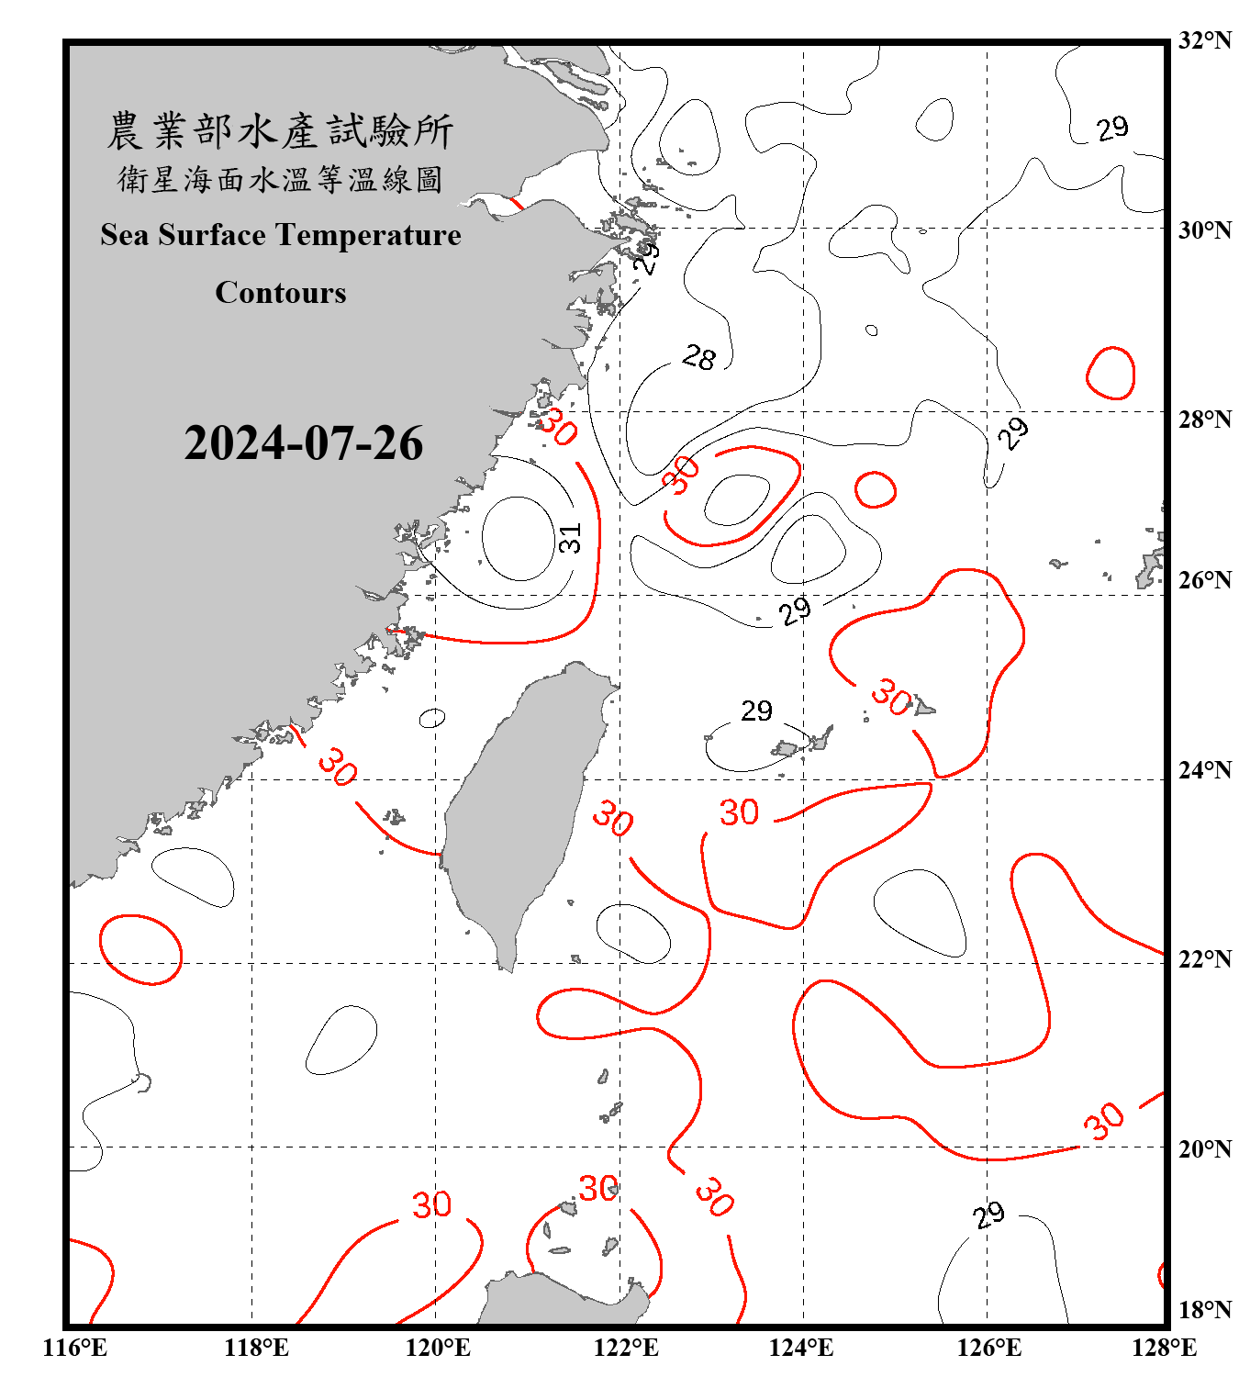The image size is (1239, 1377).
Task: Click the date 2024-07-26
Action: point(303,443)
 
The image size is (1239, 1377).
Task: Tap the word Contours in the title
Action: point(281,293)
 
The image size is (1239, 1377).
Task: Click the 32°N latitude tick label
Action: point(1205,40)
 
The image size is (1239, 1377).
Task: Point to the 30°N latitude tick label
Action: point(1205,230)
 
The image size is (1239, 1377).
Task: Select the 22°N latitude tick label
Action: point(1205,959)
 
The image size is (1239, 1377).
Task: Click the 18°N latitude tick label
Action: point(1205,1310)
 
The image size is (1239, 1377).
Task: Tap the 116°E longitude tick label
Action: point(74,1348)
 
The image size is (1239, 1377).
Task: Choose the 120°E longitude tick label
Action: point(438,1348)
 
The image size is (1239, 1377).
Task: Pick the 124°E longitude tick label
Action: point(801,1348)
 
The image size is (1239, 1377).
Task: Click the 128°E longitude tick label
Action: point(1164,1348)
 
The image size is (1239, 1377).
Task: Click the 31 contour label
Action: point(570,538)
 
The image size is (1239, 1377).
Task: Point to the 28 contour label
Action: point(699,357)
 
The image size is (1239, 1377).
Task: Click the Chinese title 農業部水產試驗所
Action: point(280,131)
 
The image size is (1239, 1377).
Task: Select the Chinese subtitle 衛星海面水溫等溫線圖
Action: point(280,180)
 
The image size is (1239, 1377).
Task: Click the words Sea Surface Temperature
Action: point(281,235)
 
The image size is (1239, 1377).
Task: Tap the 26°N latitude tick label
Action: point(1205,580)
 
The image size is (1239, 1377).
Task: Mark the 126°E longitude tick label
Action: point(988,1348)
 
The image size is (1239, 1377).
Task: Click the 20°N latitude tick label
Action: point(1205,1148)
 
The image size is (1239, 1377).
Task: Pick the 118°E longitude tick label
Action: point(256,1348)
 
